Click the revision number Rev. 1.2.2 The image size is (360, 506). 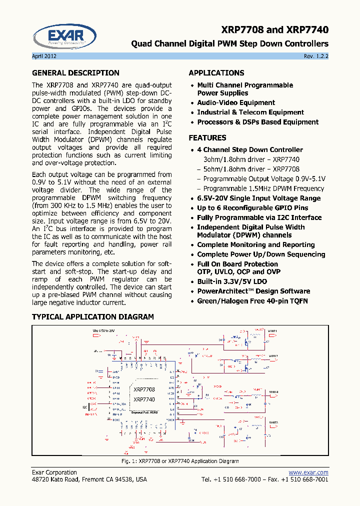(316, 56)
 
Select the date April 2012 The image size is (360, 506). (44, 56)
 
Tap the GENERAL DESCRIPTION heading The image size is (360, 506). (75, 73)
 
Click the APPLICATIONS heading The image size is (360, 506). (216, 73)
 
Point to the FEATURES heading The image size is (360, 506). (207, 138)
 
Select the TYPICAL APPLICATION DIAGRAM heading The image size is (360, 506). (93, 317)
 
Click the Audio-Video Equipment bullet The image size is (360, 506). (236, 102)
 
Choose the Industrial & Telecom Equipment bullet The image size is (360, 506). (250, 112)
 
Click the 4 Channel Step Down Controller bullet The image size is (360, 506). (250, 150)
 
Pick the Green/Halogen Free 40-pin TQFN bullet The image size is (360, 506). (252, 301)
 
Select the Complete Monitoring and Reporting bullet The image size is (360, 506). (256, 245)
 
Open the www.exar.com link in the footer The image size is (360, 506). (308, 472)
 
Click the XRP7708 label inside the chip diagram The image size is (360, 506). (144, 389)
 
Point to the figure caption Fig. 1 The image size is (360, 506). (180, 461)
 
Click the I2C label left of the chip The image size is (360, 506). (84, 407)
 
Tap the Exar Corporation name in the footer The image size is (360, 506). (54, 472)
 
